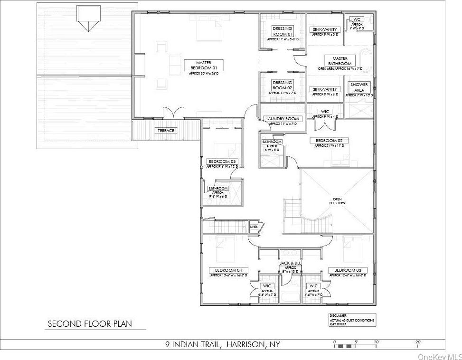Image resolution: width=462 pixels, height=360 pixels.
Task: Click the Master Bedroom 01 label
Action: [x=204, y=65]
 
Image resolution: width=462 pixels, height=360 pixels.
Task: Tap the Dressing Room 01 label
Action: [x=283, y=31]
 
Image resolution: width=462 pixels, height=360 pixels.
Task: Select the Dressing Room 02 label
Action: [x=283, y=85]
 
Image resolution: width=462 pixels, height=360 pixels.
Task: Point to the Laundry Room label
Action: [x=283, y=119]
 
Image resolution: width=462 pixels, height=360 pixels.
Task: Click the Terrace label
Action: [x=166, y=131]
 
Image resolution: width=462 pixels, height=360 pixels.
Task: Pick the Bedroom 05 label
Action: [x=222, y=161]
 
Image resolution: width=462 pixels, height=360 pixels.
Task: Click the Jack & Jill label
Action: [x=290, y=263]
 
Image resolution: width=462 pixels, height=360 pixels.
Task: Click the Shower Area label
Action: [x=359, y=87]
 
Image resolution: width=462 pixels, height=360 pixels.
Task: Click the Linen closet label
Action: [x=255, y=227]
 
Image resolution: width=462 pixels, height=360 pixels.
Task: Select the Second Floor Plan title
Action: [x=90, y=324]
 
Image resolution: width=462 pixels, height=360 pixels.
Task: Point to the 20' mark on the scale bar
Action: [x=418, y=342]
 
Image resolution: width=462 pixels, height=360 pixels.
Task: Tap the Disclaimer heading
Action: [x=338, y=315]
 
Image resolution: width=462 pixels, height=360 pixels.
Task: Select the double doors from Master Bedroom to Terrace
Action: [x=173, y=114]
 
